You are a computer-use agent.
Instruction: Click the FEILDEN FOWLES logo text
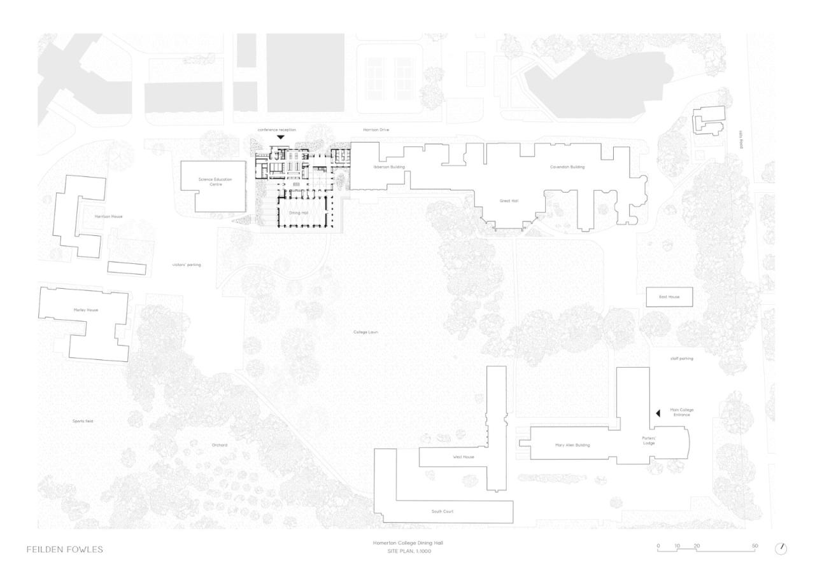64,549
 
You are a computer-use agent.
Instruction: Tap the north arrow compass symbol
781,548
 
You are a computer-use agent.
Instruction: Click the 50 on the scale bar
755,545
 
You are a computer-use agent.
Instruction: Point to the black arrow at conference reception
280,137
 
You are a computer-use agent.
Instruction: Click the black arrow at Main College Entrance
658,413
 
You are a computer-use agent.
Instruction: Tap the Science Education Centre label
216,182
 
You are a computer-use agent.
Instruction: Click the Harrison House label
108,216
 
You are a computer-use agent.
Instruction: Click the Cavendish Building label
567,167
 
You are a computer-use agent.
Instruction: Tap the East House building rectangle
669,297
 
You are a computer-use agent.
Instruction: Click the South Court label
442,511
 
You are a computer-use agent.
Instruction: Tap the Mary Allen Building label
572,445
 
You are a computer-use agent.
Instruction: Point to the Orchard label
220,445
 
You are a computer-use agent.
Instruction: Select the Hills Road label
741,144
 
